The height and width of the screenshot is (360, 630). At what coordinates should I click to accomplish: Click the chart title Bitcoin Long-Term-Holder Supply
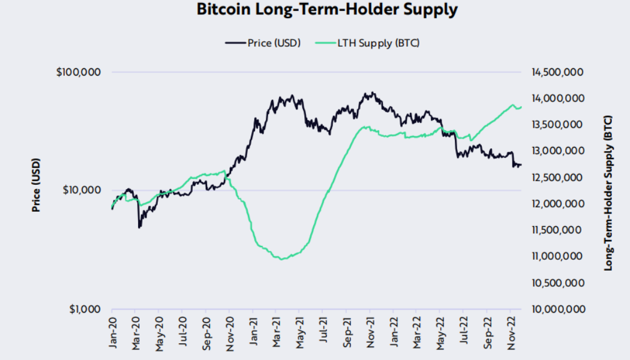327,10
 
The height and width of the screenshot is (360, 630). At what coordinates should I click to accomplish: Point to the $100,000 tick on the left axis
79,72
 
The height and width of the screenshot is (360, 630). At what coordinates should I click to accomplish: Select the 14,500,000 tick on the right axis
557,72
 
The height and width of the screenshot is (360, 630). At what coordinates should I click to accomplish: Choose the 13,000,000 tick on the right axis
557,151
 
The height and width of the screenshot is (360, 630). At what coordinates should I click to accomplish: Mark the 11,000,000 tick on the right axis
557,256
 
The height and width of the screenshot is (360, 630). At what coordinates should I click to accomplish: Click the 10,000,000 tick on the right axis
557,309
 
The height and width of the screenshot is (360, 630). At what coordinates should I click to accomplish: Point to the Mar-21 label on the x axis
277,332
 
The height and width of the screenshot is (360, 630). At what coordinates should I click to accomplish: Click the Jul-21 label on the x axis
324,332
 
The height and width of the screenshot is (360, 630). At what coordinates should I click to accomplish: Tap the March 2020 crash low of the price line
139,227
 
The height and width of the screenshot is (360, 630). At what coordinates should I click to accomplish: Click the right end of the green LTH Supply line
521,107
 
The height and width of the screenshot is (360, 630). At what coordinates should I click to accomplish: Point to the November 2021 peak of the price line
373,92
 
